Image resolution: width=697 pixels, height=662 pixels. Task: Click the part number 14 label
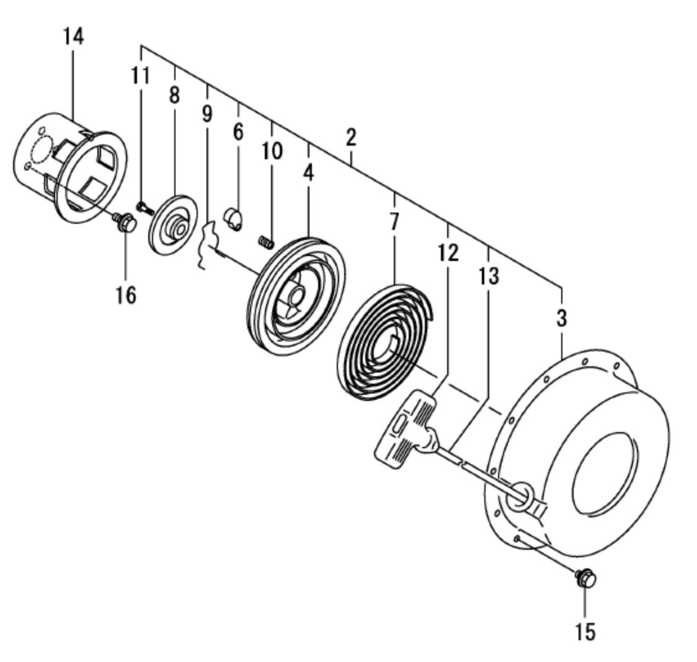pyautogui.click(x=73, y=37)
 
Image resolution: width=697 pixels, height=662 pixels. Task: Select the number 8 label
pyautogui.click(x=174, y=95)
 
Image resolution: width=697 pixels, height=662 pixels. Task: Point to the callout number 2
pyautogui.click(x=351, y=138)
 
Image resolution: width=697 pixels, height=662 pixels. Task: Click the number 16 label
pyautogui.click(x=125, y=294)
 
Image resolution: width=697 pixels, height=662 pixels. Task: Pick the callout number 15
pyautogui.click(x=585, y=632)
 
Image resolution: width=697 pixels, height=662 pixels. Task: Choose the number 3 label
pyautogui.click(x=561, y=319)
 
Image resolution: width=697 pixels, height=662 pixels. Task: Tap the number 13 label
pyautogui.click(x=489, y=276)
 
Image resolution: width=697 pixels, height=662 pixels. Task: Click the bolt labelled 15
pyautogui.click(x=585, y=579)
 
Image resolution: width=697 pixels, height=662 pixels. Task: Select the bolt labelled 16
pyautogui.click(x=126, y=222)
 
